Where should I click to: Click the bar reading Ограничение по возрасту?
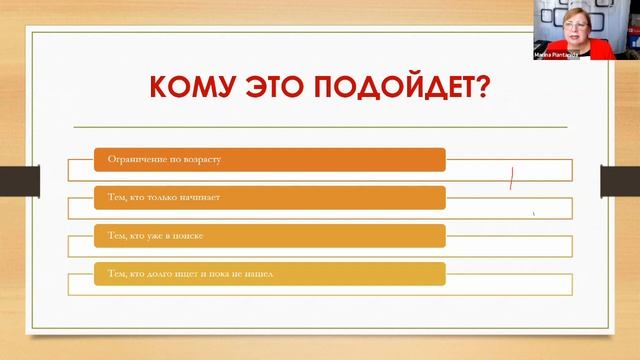(x=270, y=159)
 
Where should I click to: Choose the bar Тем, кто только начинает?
(x=270, y=197)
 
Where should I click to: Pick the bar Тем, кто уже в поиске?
(x=270, y=235)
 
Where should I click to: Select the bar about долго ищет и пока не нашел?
(x=270, y=272)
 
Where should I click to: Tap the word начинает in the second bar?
(x=212, y=197)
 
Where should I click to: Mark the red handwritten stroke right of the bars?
(x=511, y=179)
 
